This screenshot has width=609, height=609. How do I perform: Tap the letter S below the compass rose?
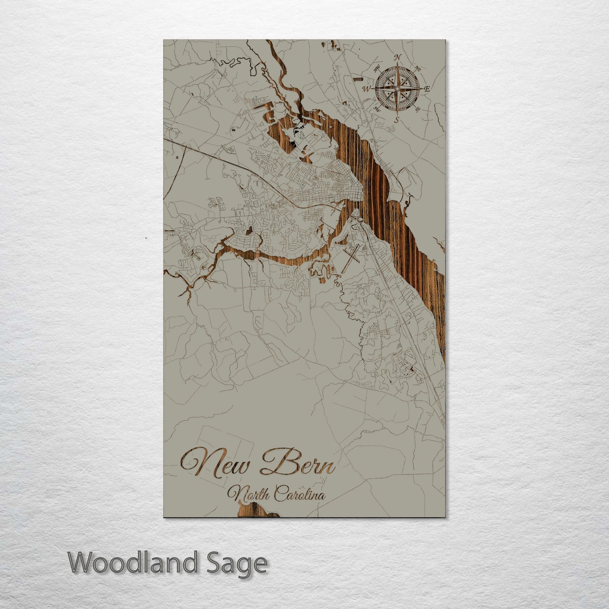point(396,119)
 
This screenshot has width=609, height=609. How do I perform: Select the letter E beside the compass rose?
point(427,89)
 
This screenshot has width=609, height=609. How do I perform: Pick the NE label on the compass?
point(418,69)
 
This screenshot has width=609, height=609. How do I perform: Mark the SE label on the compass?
point(417,109)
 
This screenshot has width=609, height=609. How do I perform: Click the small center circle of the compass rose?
point(396,89)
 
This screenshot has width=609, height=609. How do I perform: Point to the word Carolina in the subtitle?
point(300,494)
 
